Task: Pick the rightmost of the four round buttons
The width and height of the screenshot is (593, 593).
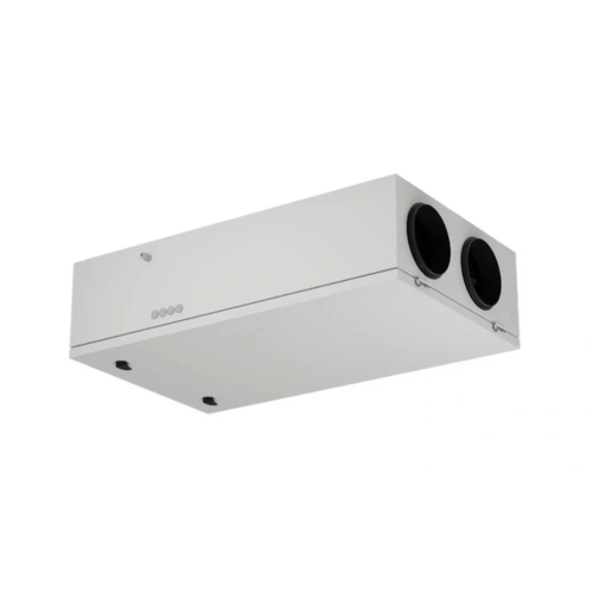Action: coord(179,308)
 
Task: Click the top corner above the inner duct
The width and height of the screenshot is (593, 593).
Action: coord(396,176)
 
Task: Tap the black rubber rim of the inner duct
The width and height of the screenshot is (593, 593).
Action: coord(410,237)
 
